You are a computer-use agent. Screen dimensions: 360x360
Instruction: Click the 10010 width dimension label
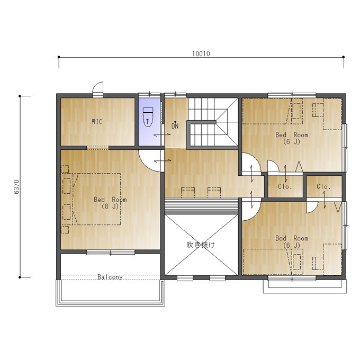click(201, 53)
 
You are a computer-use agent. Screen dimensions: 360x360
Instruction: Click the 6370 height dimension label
click(17, 187)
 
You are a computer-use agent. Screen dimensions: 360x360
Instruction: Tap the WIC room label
click(97, 122)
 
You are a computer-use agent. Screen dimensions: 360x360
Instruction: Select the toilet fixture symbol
click(148, 117)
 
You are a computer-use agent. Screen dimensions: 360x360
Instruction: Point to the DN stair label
click(175, 126)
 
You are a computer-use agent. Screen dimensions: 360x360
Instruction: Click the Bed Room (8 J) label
click(110, 203)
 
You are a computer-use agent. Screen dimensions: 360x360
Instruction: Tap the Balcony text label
click(110, 277)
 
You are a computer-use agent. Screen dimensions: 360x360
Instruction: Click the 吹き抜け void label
click(201, 245)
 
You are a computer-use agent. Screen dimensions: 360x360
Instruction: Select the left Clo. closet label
click(285, 186)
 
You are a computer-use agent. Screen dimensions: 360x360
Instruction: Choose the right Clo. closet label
click(323, 186)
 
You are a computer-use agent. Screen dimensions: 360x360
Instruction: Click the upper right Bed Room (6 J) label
click(292, 138)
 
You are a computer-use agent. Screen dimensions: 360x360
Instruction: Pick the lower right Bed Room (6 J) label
click(292, 242)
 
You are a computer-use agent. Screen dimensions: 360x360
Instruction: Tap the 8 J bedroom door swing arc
click(147, 164)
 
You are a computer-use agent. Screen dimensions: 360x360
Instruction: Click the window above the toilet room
click(149, 94)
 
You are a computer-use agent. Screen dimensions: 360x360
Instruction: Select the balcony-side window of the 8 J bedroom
click(111, 253)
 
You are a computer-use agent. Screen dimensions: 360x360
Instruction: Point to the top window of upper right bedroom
click(292, 94)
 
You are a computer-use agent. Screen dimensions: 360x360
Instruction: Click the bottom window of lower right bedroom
click(292, 278)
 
